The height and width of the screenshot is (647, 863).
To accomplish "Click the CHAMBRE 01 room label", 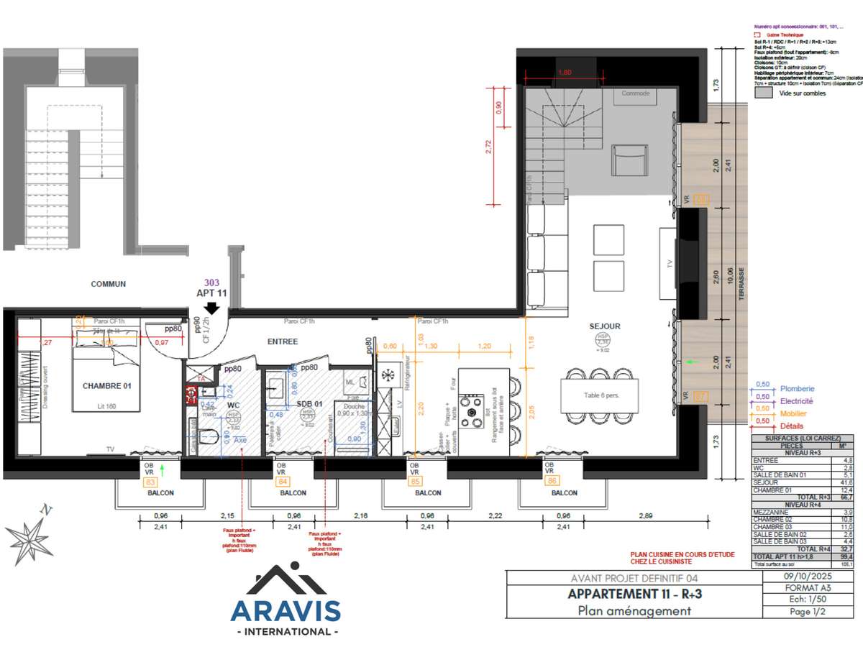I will (x=107, y=386).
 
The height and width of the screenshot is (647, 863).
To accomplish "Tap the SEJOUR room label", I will (x=605, y=326).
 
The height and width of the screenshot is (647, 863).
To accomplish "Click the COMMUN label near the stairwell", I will (x=108, y=284).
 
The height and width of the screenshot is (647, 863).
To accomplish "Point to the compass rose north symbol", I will (x=29, y=533).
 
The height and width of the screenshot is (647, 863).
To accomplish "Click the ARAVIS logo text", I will (x=286, y=610).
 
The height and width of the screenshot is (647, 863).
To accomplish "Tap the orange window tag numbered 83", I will (x=150, y=482).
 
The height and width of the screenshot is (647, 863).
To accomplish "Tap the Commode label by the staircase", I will (x=636, y=93).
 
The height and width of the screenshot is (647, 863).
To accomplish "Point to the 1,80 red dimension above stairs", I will (x=565, y=73).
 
